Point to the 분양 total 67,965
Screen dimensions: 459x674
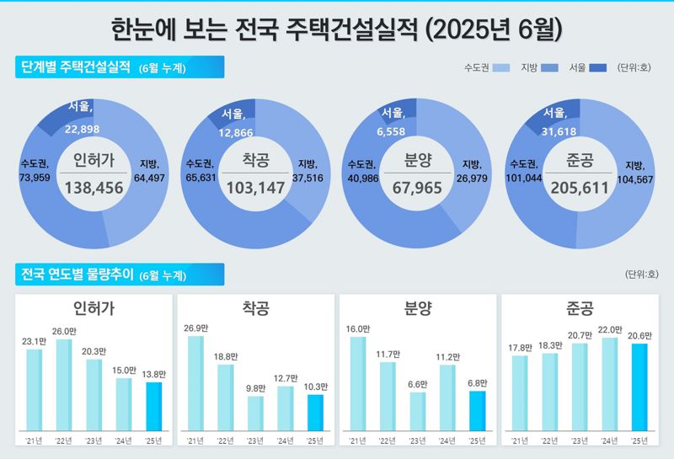tap(416, 187)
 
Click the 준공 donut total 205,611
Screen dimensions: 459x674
tap(578, 187)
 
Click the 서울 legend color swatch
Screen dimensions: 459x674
tap(599, 67)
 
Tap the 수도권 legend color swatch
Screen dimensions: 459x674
tap(501, 67)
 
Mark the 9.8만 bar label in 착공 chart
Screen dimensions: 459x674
tap(255, 388)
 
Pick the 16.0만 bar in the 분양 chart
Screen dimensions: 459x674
tap(358, 389)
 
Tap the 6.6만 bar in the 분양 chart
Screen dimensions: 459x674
tap(418, 418)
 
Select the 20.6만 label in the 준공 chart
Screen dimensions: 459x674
tap(639, 335)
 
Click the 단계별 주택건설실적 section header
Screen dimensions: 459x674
tap(74, 67)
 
